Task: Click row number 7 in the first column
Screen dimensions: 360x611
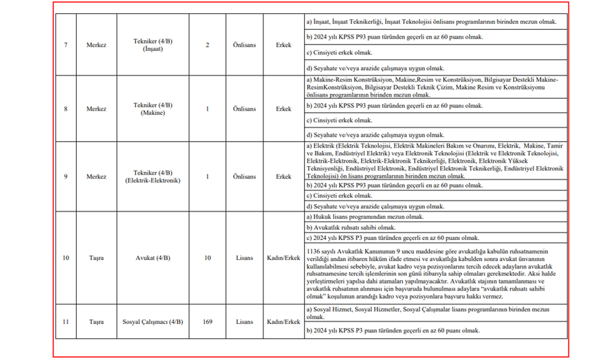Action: click(65, 45)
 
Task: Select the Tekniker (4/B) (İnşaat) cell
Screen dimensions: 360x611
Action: click(153, 45)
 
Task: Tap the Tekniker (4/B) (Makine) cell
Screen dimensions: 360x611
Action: click(153, 109)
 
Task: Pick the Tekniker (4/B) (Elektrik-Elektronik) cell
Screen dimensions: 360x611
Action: click(153, 177)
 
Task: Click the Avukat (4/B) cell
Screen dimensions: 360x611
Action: click(153, 258)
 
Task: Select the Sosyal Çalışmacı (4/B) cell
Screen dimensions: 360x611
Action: click(153, 322)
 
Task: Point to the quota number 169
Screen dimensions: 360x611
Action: click(207, 322)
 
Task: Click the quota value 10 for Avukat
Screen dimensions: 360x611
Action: click(207, 258)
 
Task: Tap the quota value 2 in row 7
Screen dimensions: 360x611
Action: click(207, 45)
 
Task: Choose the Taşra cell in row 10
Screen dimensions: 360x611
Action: click(96, 258)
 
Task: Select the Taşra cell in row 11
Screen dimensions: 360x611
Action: click(96, 322)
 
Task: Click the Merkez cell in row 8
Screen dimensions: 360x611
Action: click(96, 109)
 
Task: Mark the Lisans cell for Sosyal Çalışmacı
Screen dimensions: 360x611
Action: click(244, 322)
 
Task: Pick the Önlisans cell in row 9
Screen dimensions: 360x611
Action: click(244, 177)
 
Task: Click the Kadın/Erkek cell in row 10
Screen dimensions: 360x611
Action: click(284, 258)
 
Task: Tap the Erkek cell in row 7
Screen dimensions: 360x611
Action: click(284, 45)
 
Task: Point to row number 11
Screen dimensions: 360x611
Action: click(65, 322)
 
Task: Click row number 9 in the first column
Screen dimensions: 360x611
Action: click(65, 177)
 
